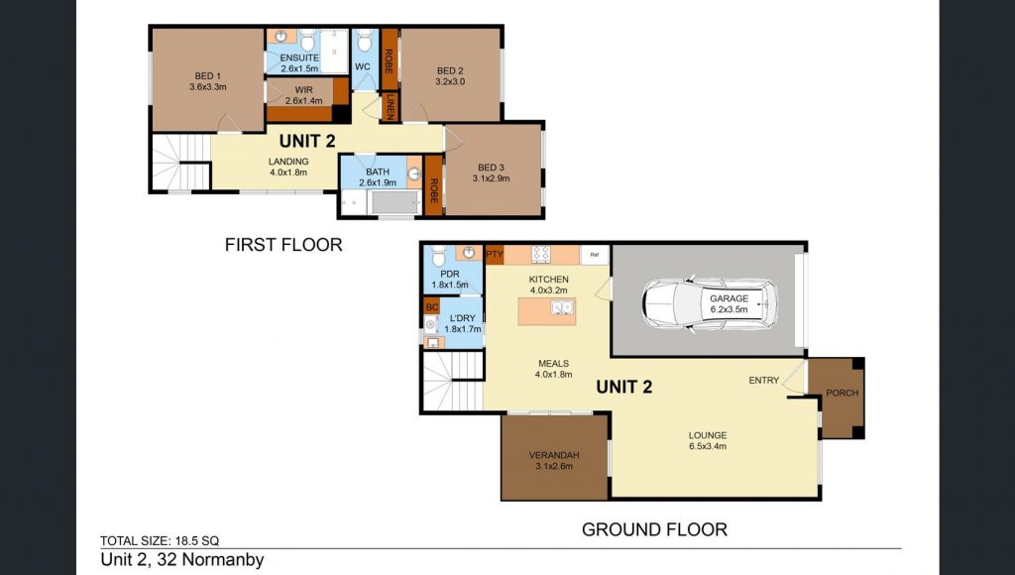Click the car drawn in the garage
[x=709, y=305]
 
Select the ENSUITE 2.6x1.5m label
[x=299, y=62]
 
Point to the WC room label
[x=363, y=66]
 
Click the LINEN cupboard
[x=390, y=107]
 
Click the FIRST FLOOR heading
[x=283, y=245]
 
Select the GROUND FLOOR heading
[x=654, y=529]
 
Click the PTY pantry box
[x=495, y=255]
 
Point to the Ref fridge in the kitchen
[x=595, y=255]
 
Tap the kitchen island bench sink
[x=561, y=307]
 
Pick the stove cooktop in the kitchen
[x=541, y=254]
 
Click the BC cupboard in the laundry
[x=432, y=306]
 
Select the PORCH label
[x=843, y=393]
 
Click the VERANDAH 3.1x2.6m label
[x=554, y=460]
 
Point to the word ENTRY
[x=764, y=380]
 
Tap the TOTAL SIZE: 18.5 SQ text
[x=160, y=540]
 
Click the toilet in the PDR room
[x=439, y=255]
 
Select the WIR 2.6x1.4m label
[x=303, y=95]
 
